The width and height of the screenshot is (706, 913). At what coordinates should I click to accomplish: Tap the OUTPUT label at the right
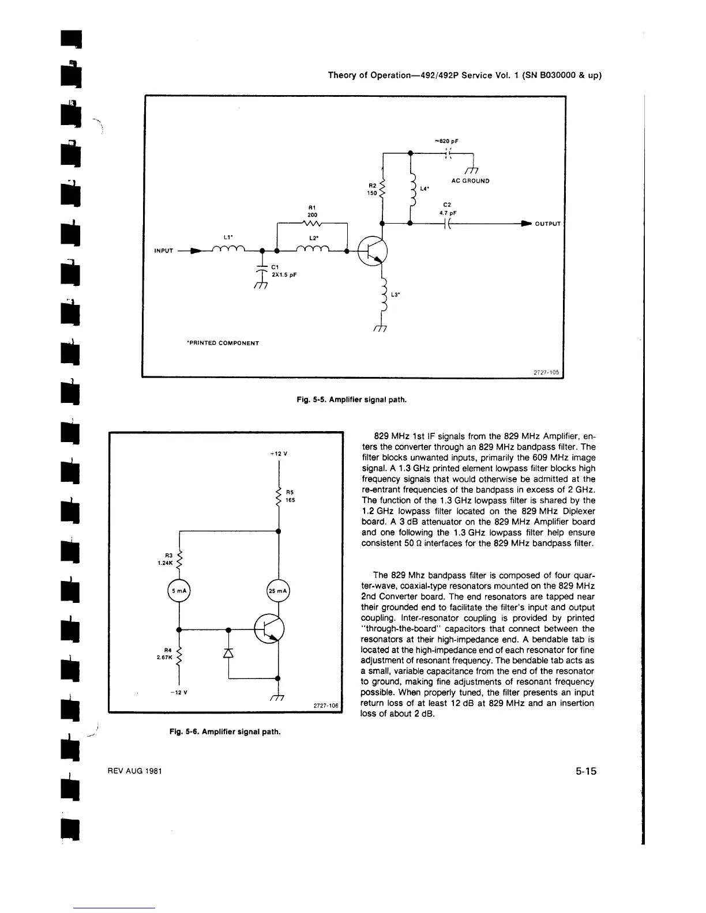(547, 224)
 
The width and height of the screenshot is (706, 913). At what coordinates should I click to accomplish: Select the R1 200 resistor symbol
(312, 224)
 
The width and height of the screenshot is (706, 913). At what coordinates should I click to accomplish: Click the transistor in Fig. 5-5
(373, 251)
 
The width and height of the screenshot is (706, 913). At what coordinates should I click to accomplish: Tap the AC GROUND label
(470, 181)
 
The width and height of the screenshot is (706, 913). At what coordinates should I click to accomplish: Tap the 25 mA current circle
(279, 591)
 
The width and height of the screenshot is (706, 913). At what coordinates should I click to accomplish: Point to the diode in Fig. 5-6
(229, 652)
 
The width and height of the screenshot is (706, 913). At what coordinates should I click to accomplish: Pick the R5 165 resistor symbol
(279, 496)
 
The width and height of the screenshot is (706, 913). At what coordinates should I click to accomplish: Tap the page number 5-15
(585, 771)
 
